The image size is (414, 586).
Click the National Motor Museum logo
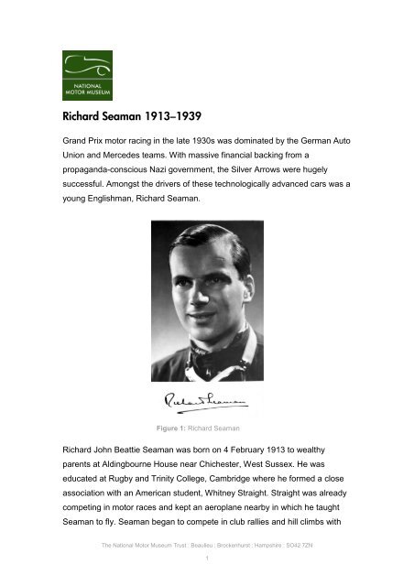[x=87, y=75]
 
